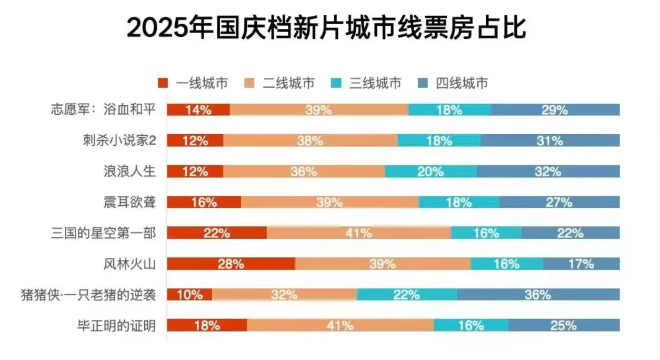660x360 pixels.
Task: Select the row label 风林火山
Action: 129,264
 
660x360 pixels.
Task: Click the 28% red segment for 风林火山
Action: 231,264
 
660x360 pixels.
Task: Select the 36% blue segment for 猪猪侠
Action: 537,295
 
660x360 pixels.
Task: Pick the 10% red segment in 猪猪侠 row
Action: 189,295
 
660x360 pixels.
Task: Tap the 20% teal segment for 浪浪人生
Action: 431,172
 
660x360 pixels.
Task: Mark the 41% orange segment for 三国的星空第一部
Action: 359,233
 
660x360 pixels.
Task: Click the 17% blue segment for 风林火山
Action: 581,264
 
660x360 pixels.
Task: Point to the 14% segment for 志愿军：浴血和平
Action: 198,110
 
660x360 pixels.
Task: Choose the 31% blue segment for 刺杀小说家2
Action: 550,141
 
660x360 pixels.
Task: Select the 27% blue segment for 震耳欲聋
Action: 559,202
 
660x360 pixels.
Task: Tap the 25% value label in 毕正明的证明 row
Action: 564,325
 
